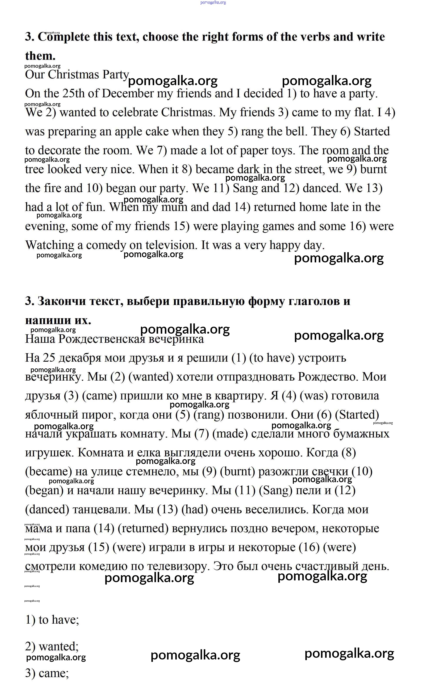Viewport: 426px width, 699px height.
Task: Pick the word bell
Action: [x=297, y=131]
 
